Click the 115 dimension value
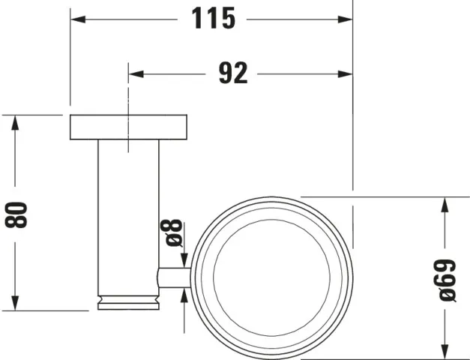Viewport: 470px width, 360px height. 213,17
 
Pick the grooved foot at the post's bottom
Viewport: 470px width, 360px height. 129,303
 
